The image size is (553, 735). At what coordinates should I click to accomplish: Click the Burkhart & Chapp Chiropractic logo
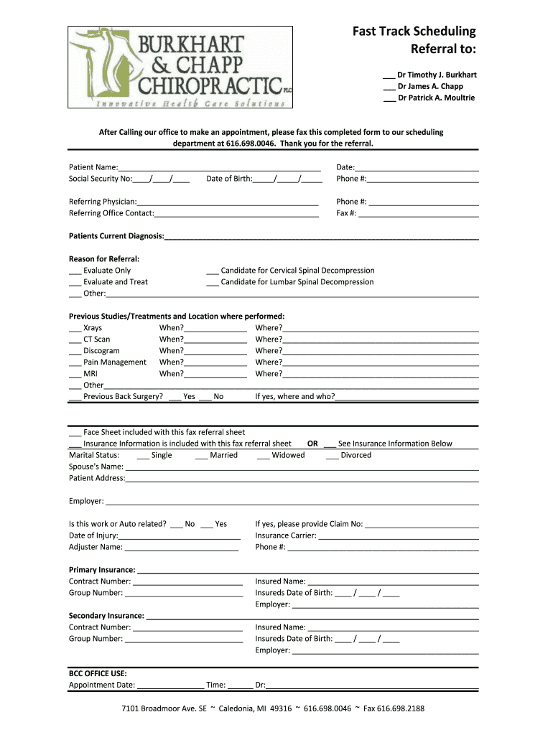(x=180, y=67)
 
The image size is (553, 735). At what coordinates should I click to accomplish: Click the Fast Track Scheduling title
(x=414, y=32)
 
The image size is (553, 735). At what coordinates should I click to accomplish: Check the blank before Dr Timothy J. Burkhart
(x=389, y=75)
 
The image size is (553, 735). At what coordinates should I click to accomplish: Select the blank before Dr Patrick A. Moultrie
(x=389, y=98)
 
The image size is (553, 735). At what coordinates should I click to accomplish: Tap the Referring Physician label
(x=102, y=202)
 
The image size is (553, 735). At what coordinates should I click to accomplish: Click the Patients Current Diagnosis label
(x=116, y=236)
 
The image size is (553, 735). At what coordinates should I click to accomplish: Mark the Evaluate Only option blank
(x=75, y=271)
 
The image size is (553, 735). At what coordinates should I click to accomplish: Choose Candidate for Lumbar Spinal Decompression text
(x=297, y=282)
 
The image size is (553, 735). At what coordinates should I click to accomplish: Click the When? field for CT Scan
(x=215, y=340)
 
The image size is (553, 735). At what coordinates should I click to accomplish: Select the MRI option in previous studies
(x=90, y=374)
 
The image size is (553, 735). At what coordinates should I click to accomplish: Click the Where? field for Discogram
(x=381, y=351)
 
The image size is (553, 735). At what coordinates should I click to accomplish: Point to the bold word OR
(x=312, y=444)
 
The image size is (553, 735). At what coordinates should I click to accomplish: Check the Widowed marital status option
(x=263, y=456)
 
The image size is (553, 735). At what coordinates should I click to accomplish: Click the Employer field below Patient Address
(x=292, y=502)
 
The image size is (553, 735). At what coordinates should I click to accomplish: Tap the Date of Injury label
(x=93, y=535)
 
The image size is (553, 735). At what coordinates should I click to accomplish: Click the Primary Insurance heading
(x=102, y=570)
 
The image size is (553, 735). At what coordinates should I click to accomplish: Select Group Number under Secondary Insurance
(x=96, y=639)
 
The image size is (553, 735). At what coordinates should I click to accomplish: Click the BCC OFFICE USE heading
(x=98, y=673)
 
